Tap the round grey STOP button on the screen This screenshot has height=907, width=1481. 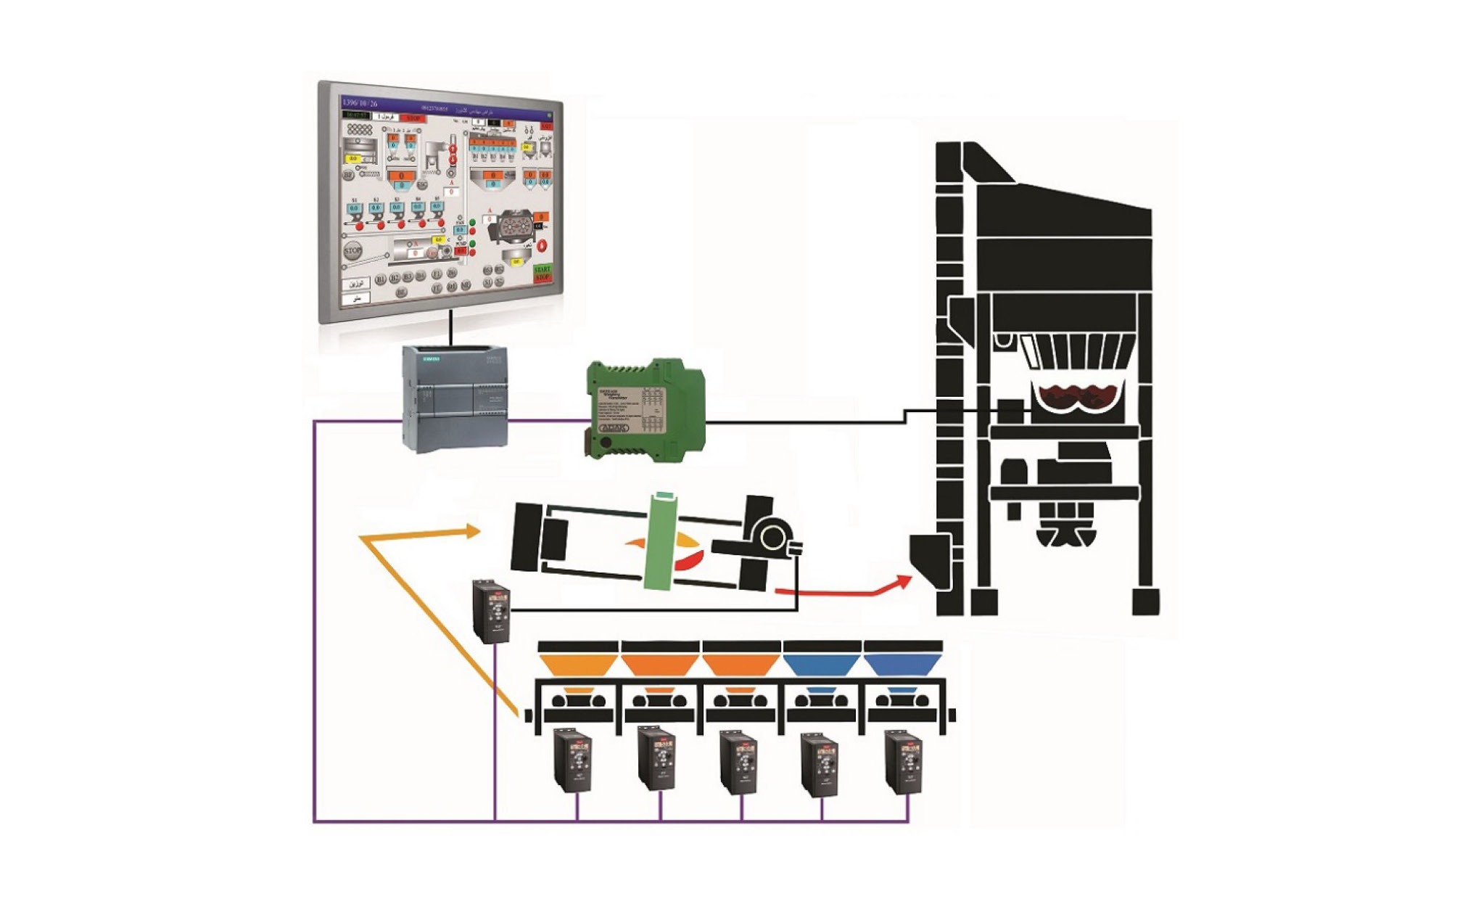pos(352,251)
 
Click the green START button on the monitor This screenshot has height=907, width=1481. pos(542,269)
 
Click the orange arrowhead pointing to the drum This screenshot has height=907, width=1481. pos(472,532)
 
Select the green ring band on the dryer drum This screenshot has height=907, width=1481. pos(661,541)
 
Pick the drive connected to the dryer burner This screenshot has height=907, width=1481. pos(491,611)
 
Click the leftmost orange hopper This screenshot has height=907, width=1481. pos(577,663)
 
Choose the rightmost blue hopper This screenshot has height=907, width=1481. pos(902,663)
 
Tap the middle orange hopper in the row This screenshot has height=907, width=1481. pos(659,663)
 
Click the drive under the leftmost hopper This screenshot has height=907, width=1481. pos(573,760)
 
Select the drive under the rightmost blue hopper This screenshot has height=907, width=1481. pos(904,762)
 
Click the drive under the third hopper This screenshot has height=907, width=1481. pos(738,762)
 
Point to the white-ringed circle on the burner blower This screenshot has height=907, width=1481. pos(772,538)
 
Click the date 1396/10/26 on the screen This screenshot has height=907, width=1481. pos(360,103)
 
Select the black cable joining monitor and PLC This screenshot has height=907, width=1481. pos(450,328)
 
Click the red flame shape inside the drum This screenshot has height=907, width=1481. pos(689,561)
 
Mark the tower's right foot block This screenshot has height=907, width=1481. pos(1145,602)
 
